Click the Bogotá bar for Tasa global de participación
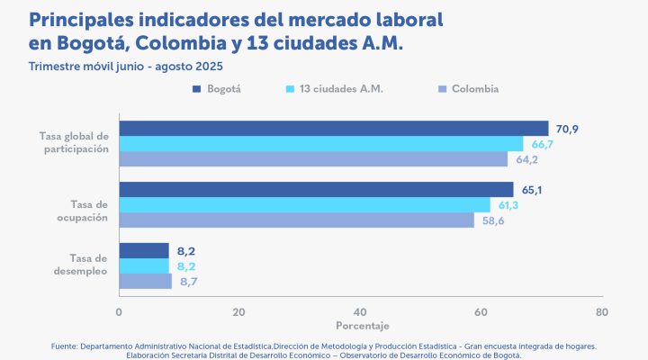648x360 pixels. (x=333, y=129)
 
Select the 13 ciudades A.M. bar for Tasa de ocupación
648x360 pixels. (x=304, y=205)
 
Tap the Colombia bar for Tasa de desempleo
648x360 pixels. (x=145, y=282)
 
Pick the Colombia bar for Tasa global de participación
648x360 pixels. (x=313, y=159)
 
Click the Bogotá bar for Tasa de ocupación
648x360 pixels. (x=316, y=190)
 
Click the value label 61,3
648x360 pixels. (x=509, y=206)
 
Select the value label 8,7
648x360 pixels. (x=189, y=283)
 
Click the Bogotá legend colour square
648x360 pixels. (x=196, y=89)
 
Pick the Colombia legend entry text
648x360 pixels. (x=475, y=89)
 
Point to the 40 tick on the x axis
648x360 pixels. (x=360, y=312)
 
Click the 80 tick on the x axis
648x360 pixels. (x=601, y=312)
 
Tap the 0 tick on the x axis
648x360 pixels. (x=119, y=312)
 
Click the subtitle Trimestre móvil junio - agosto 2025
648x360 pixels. (x=126, y=67)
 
